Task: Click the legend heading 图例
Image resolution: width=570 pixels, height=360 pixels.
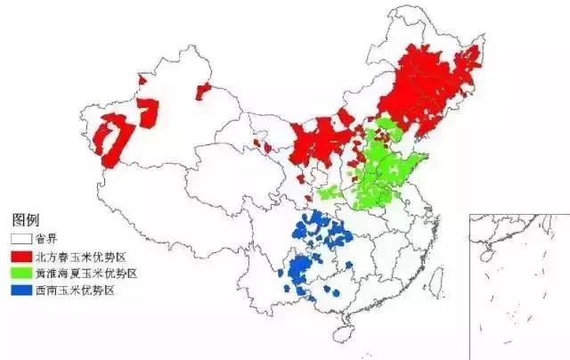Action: [24, 219]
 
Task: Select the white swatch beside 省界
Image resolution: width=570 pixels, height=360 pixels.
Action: [20, 239]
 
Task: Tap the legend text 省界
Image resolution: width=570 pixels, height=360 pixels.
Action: [46, 239]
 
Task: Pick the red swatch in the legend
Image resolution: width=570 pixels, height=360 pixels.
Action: [20, 257]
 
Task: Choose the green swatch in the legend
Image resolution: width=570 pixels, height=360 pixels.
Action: [20, 274]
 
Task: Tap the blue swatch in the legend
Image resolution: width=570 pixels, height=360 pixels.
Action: [20, 290]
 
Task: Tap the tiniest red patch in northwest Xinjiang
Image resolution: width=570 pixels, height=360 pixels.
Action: [141, 83]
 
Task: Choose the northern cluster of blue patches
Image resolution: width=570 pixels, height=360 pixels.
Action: [325, 232]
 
